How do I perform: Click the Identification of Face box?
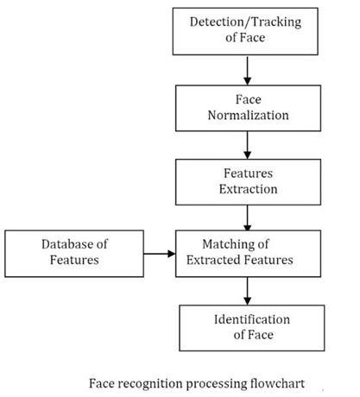click(248, 326)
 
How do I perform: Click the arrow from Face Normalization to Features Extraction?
click(247, 142)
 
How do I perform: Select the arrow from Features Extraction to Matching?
click(247, 215)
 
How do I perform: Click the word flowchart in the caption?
click(277, 381)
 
